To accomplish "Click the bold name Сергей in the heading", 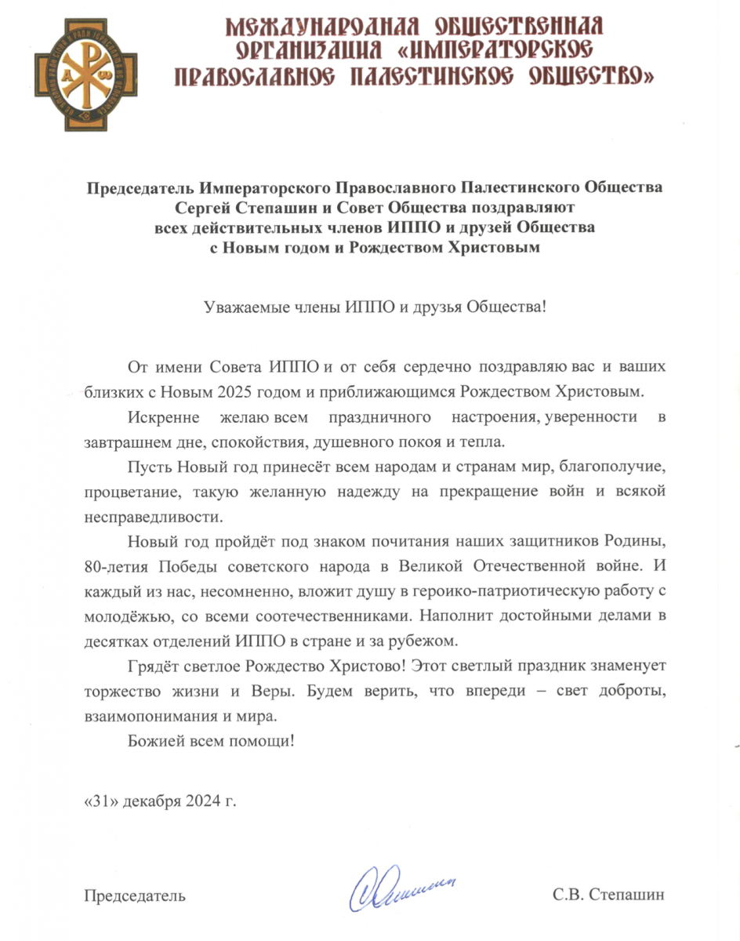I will coord(209,208).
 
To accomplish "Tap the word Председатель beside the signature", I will coord(135,895).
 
